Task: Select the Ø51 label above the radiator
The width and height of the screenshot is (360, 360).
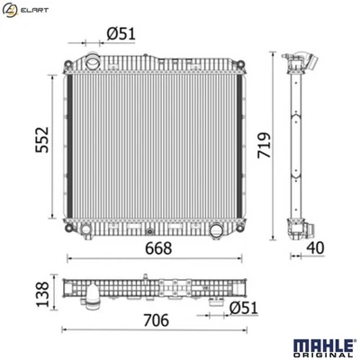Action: tap(121, 33)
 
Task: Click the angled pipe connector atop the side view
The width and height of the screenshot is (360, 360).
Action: tap(304, 65)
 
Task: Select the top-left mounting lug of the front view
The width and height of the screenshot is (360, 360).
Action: tap(68, 58)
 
